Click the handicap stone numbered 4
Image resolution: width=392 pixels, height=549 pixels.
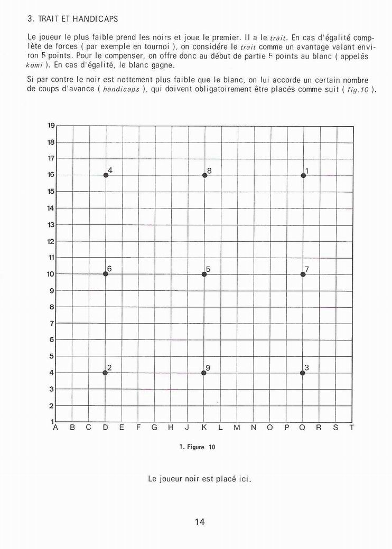pos(106,175)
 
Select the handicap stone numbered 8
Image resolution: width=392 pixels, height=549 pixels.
pos(204,175)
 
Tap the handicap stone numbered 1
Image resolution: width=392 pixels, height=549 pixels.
pos(303,175)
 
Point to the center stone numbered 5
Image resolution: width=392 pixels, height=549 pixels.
pos(204,274)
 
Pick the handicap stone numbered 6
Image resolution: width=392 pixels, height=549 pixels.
pos(106,274)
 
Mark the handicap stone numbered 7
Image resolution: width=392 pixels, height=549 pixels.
pos(303,274)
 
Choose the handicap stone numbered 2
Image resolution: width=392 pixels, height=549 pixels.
pos(106,373)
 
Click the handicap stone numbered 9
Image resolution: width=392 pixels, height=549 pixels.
pos(204,373)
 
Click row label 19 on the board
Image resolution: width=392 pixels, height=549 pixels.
pos(51,125)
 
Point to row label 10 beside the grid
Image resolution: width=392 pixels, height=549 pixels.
pos(51,274)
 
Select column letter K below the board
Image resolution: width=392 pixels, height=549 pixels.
pos(204,428)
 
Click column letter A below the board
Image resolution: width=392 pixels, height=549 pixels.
pos(55,428)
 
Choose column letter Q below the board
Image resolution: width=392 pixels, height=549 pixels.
pos(303,428)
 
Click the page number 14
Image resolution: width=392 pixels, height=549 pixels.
pos(199,522)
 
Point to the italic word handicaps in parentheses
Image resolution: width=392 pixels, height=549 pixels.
pos(121,90)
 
